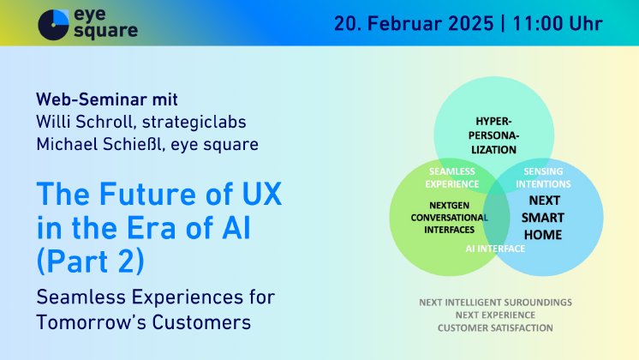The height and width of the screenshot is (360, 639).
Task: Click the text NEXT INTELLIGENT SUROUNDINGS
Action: [x=495, y=303]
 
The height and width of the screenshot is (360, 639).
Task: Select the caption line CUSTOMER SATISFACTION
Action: [x=495, y=327]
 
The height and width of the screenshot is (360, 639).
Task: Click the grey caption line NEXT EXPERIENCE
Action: [x=495, y=315]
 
